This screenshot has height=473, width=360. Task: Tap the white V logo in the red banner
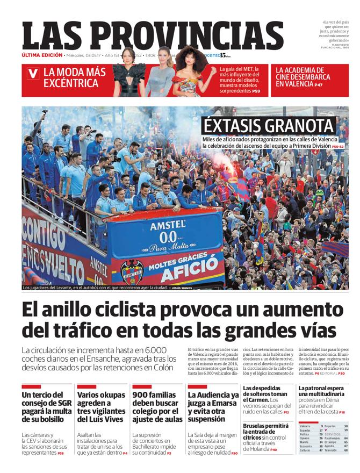pyautogui.click(x=33, y=74)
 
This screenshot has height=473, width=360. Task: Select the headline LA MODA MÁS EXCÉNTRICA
pyautogui.click(x=75, y=78)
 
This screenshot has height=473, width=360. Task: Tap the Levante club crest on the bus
pyautogui.click(x=131, y=271)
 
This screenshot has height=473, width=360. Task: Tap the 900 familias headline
pyautogui.click(x=157, y=407)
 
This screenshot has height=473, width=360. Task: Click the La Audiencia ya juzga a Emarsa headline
pyautogui.click(x=213, y=407)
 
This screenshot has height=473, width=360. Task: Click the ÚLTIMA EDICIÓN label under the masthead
pyautogui.click(x=42, y=55)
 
